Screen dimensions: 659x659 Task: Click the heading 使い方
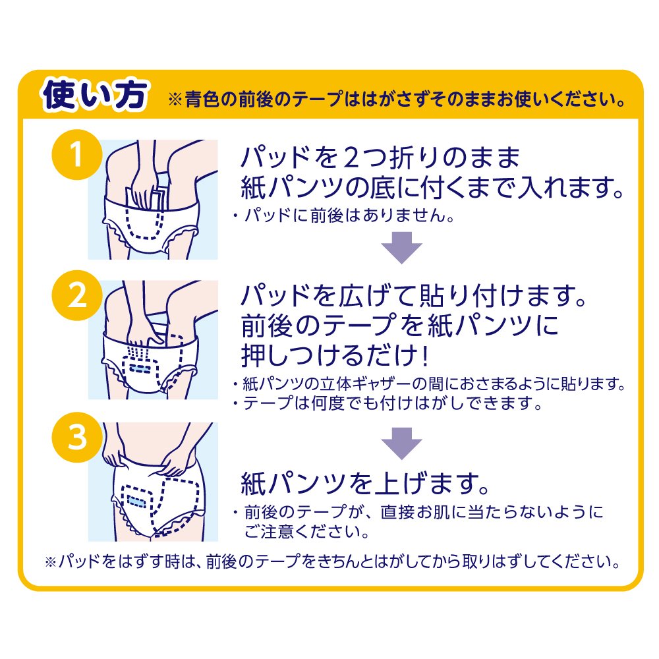tap(95, 95)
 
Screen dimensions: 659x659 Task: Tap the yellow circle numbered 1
tap(77, 155)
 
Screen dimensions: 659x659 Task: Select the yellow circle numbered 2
tap(77, 295)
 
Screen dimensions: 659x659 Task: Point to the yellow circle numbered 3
tap(77, 438)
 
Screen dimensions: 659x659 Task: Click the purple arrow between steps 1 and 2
tap(401, 248)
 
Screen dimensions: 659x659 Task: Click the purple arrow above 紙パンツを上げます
tap(401, 444)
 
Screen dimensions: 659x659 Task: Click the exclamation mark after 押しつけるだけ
tap(425, 355)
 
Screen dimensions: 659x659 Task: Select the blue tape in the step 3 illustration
tap(136, 501)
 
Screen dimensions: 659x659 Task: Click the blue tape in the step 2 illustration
tap(141, 368)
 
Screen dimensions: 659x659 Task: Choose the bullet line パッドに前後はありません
tap(344, 215)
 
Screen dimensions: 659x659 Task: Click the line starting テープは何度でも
tap(387, 403)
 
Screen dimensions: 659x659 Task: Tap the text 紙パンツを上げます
tap(365, 483)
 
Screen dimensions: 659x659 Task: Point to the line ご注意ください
tap(307, 532)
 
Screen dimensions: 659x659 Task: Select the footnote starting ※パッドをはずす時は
tap(333, 562)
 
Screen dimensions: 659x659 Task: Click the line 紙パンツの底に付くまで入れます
tap(432, 187)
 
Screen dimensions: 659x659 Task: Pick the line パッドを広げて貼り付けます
tap(414, 296)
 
